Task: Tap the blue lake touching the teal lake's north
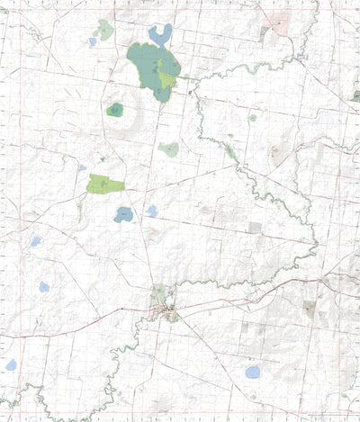162,35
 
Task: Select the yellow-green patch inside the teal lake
167,82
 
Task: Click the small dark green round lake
114,110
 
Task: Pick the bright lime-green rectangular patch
105,184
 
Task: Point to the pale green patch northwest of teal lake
104,30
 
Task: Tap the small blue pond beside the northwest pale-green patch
92,41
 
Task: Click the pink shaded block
281,22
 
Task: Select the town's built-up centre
168,311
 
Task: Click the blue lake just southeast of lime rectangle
123,214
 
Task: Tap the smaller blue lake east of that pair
151,211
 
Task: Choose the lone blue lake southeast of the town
253,372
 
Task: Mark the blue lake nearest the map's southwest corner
11,364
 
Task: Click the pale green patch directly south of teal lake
169,149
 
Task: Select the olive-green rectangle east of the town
310,308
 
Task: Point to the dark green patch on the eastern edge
355,96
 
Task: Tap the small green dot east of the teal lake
252,117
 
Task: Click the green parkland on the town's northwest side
159,294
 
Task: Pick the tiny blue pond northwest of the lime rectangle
81,167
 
